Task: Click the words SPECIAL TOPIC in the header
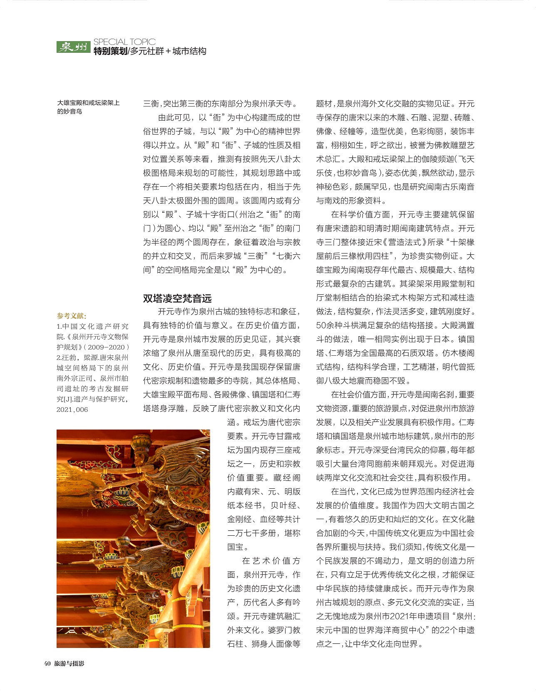124,42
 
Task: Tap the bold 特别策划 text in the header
110,52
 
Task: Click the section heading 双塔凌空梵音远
177,298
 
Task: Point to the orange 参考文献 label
72,316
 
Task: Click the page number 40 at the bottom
47,664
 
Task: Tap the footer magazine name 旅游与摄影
69,664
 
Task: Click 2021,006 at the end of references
72,409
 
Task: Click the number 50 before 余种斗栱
321,325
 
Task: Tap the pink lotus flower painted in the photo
121,495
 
